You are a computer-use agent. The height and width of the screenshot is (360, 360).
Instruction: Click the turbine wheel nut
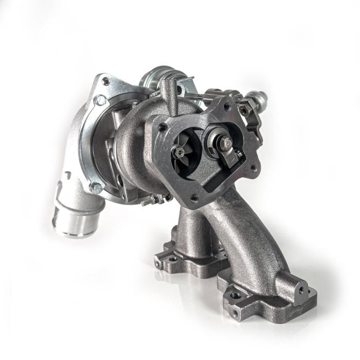tap(179, 151)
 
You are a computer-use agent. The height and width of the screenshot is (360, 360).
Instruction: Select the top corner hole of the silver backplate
tap(106, 81)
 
